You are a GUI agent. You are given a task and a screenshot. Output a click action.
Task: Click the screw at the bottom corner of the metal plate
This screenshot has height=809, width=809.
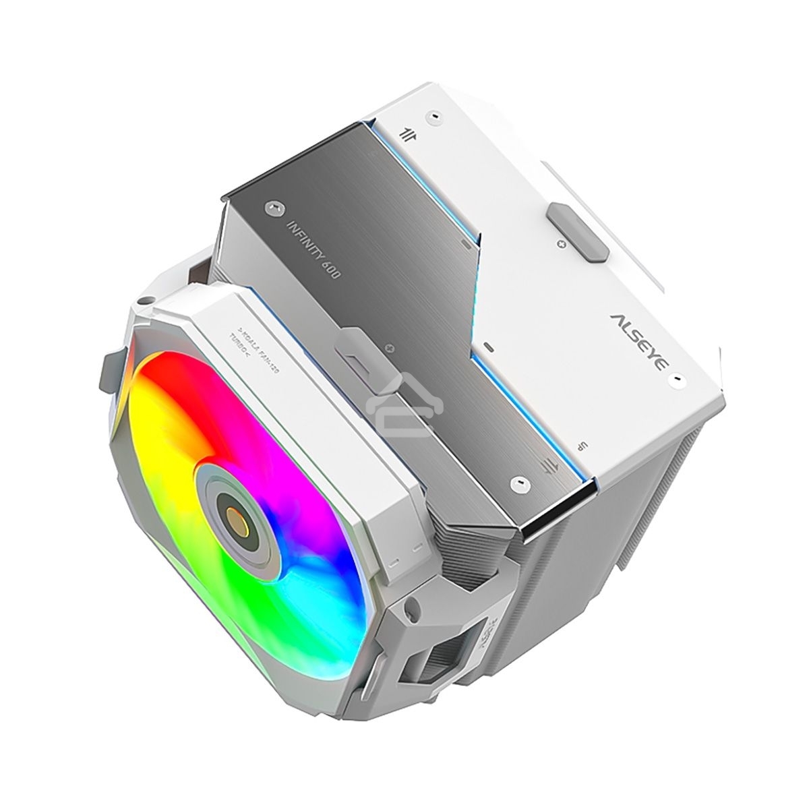[x=518, y=483]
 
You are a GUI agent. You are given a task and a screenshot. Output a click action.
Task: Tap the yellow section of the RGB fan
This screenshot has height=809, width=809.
[x=152, y=472]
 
